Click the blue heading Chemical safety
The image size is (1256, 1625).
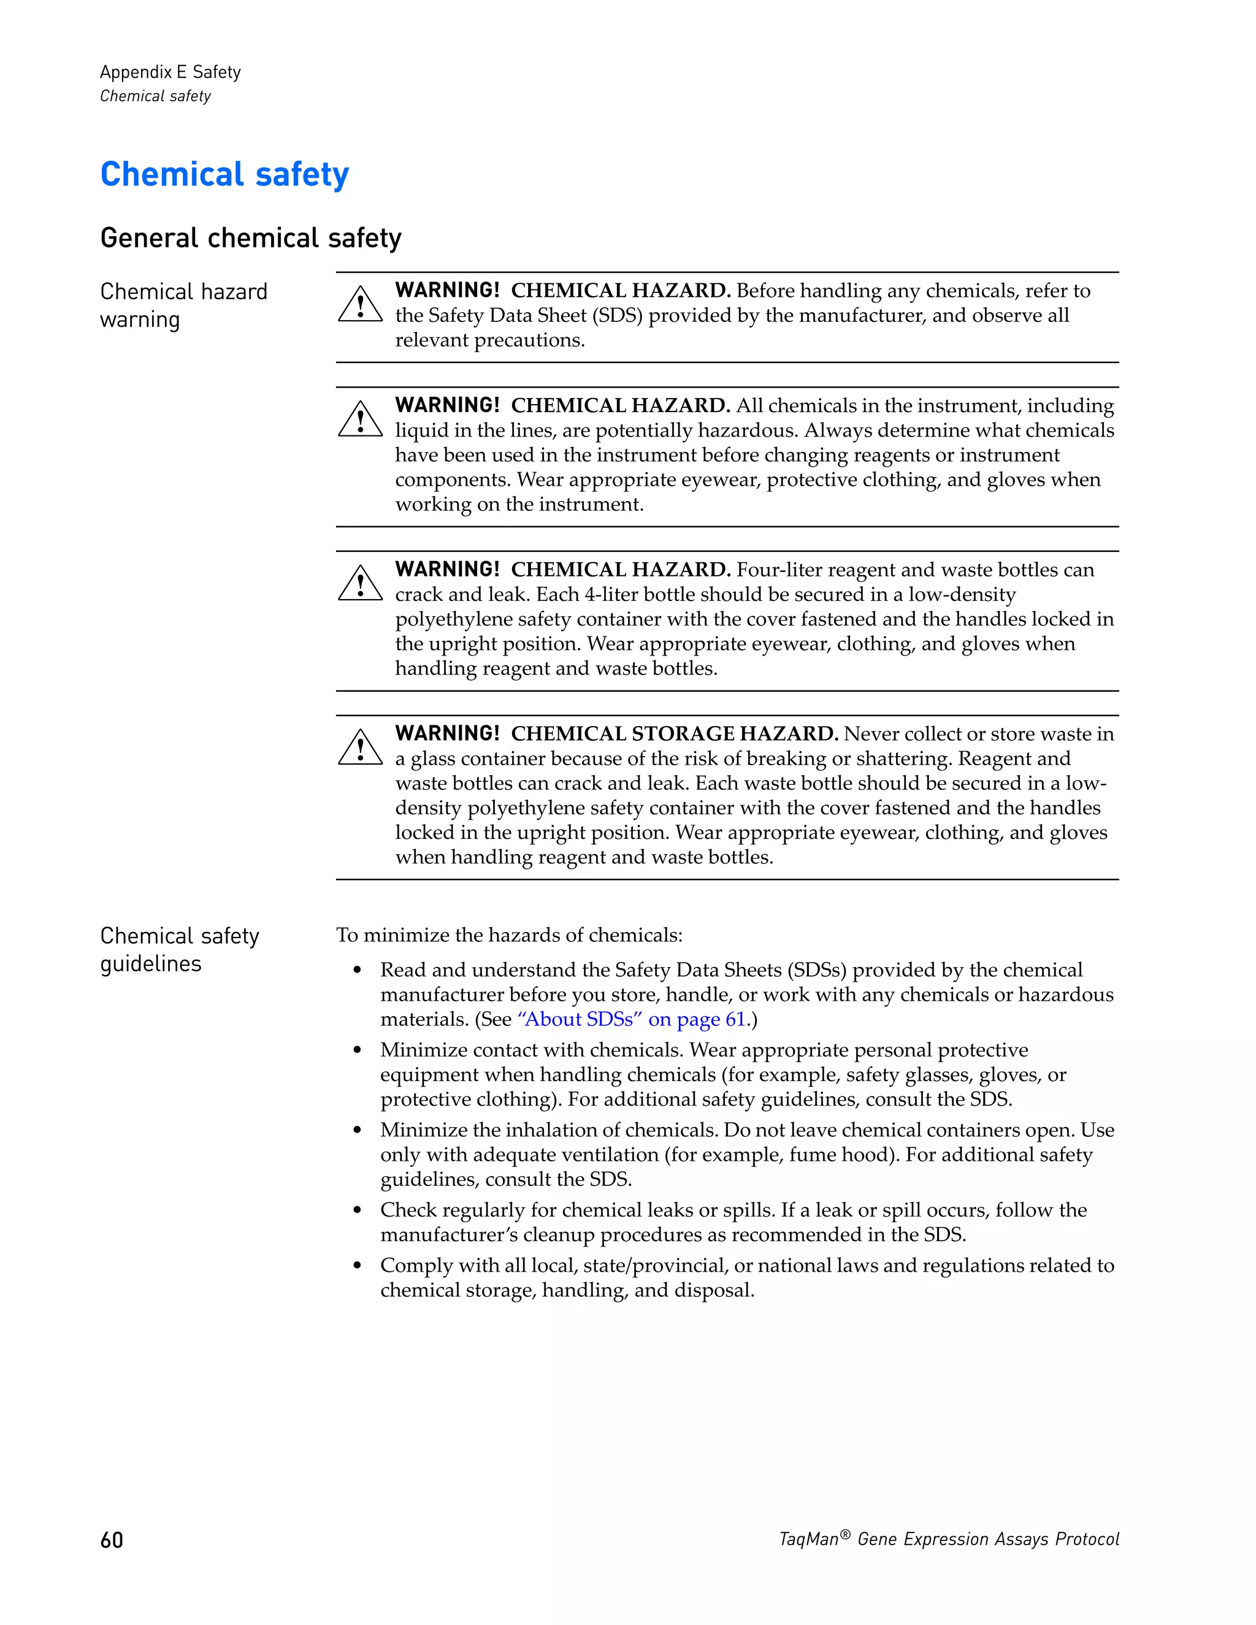(x=224, y=174)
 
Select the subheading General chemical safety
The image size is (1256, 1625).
(x=251, y=238)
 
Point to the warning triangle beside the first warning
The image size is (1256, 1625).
(x=360, y=305)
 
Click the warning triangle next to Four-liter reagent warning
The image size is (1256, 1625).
(x=360, y=584)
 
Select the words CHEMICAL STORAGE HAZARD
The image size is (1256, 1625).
(x=674, y=733)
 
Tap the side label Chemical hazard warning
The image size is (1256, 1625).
(x=183, y=305)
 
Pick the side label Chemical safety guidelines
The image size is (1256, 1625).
(x=179, y=949)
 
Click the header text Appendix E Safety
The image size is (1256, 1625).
(x=170, y=72)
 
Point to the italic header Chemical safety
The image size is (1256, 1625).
(x=156, y=96)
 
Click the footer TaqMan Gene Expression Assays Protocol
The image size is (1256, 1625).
(x=949, y=1539)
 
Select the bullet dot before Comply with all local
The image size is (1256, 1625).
(x=357, y=1266)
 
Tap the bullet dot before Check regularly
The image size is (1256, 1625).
(x=357, y=1210)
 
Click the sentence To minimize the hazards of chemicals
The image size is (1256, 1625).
(x=509, y=935)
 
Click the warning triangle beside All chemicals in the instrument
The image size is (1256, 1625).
(x=360, y=421)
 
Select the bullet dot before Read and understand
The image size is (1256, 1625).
(x=357, y=970)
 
